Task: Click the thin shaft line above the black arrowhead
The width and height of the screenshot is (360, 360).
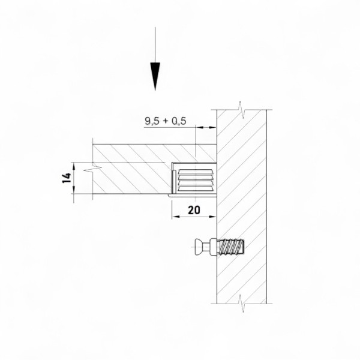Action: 155,45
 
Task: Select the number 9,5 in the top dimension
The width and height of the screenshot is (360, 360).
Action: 152,121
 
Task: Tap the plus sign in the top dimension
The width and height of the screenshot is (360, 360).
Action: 166,121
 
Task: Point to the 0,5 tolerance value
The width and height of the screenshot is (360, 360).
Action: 179,121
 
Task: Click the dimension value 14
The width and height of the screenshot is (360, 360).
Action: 67,178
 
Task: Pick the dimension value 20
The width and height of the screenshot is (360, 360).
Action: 194,210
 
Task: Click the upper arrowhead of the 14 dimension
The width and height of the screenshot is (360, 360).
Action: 74,166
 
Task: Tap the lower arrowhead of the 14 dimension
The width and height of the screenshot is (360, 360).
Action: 74,190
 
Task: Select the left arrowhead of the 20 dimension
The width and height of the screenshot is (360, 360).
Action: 176,217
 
